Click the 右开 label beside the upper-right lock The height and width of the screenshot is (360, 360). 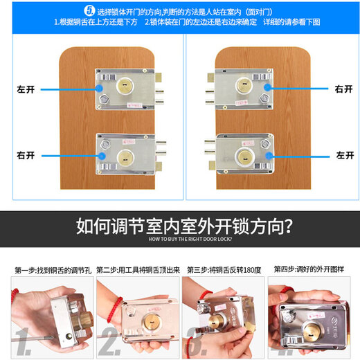tap(344, 89)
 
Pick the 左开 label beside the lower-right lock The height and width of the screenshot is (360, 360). tap(344, 155)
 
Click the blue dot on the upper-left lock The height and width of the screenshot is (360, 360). tap(102, 89)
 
